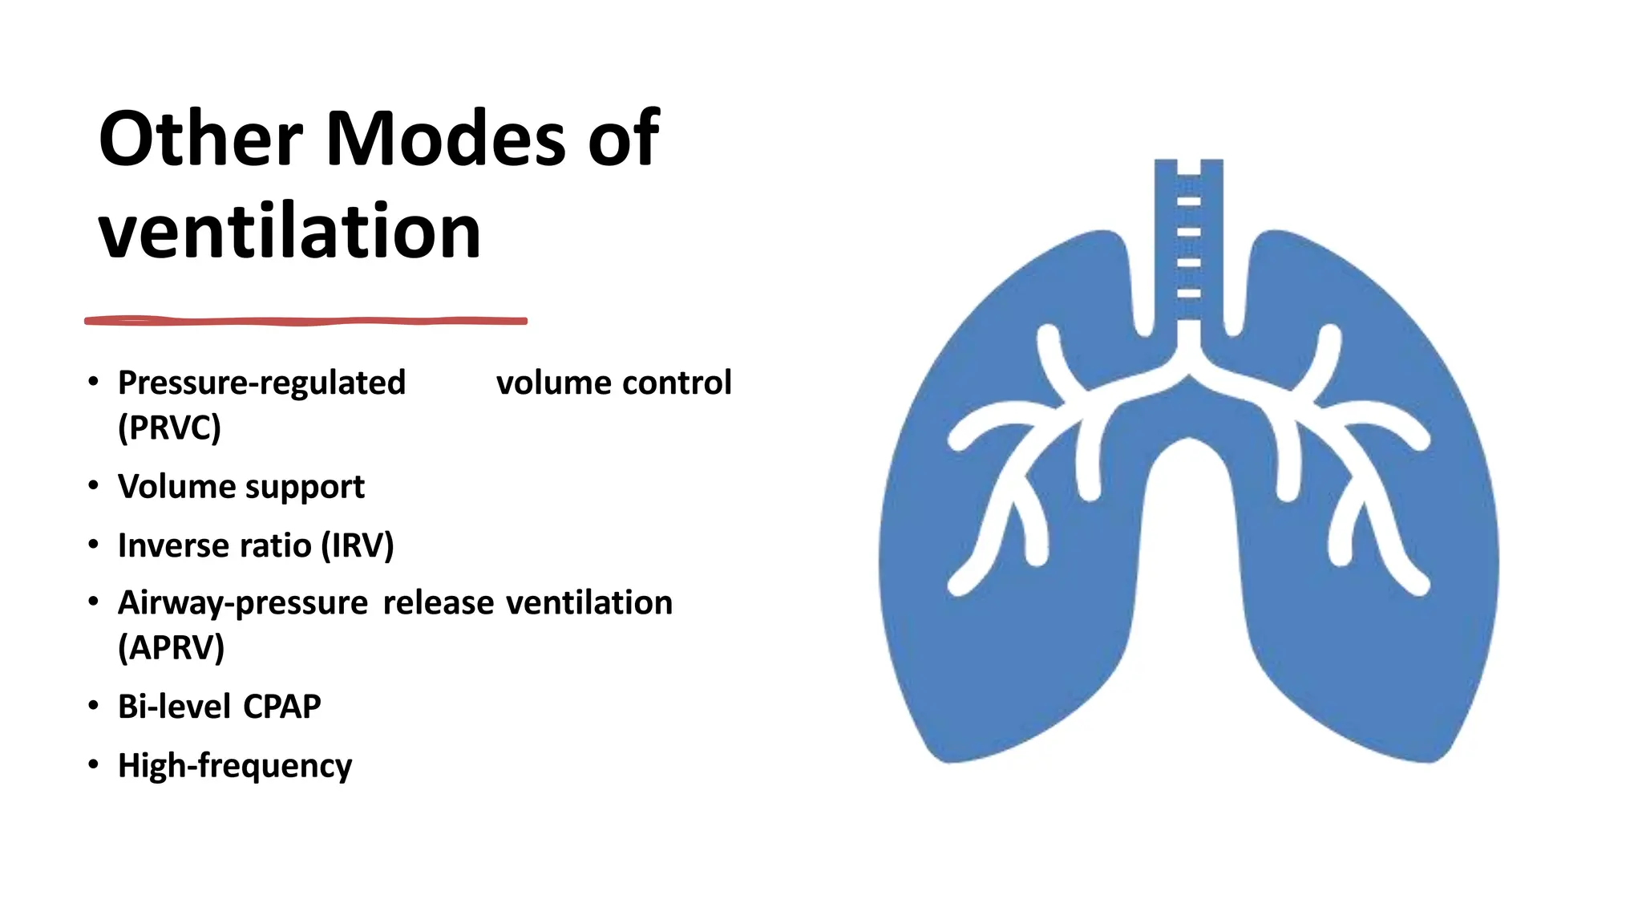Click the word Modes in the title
coord(447,139)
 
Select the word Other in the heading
coord(200,139)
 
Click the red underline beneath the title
coord(305,321)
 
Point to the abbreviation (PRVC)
coord(169,428)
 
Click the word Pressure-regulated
coord(261,383)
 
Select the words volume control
coord(613,383)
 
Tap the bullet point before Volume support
coord(94,486)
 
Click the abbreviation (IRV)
coord(358,545)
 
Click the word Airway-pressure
coord(243,603)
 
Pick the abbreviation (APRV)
coord(171,647)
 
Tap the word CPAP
coord(281,707)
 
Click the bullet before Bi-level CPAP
coord(94,706)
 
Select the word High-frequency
coord(235,766)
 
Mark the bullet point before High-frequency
coord(94,765)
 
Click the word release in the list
coord(438,603)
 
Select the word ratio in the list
coord(276,545)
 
